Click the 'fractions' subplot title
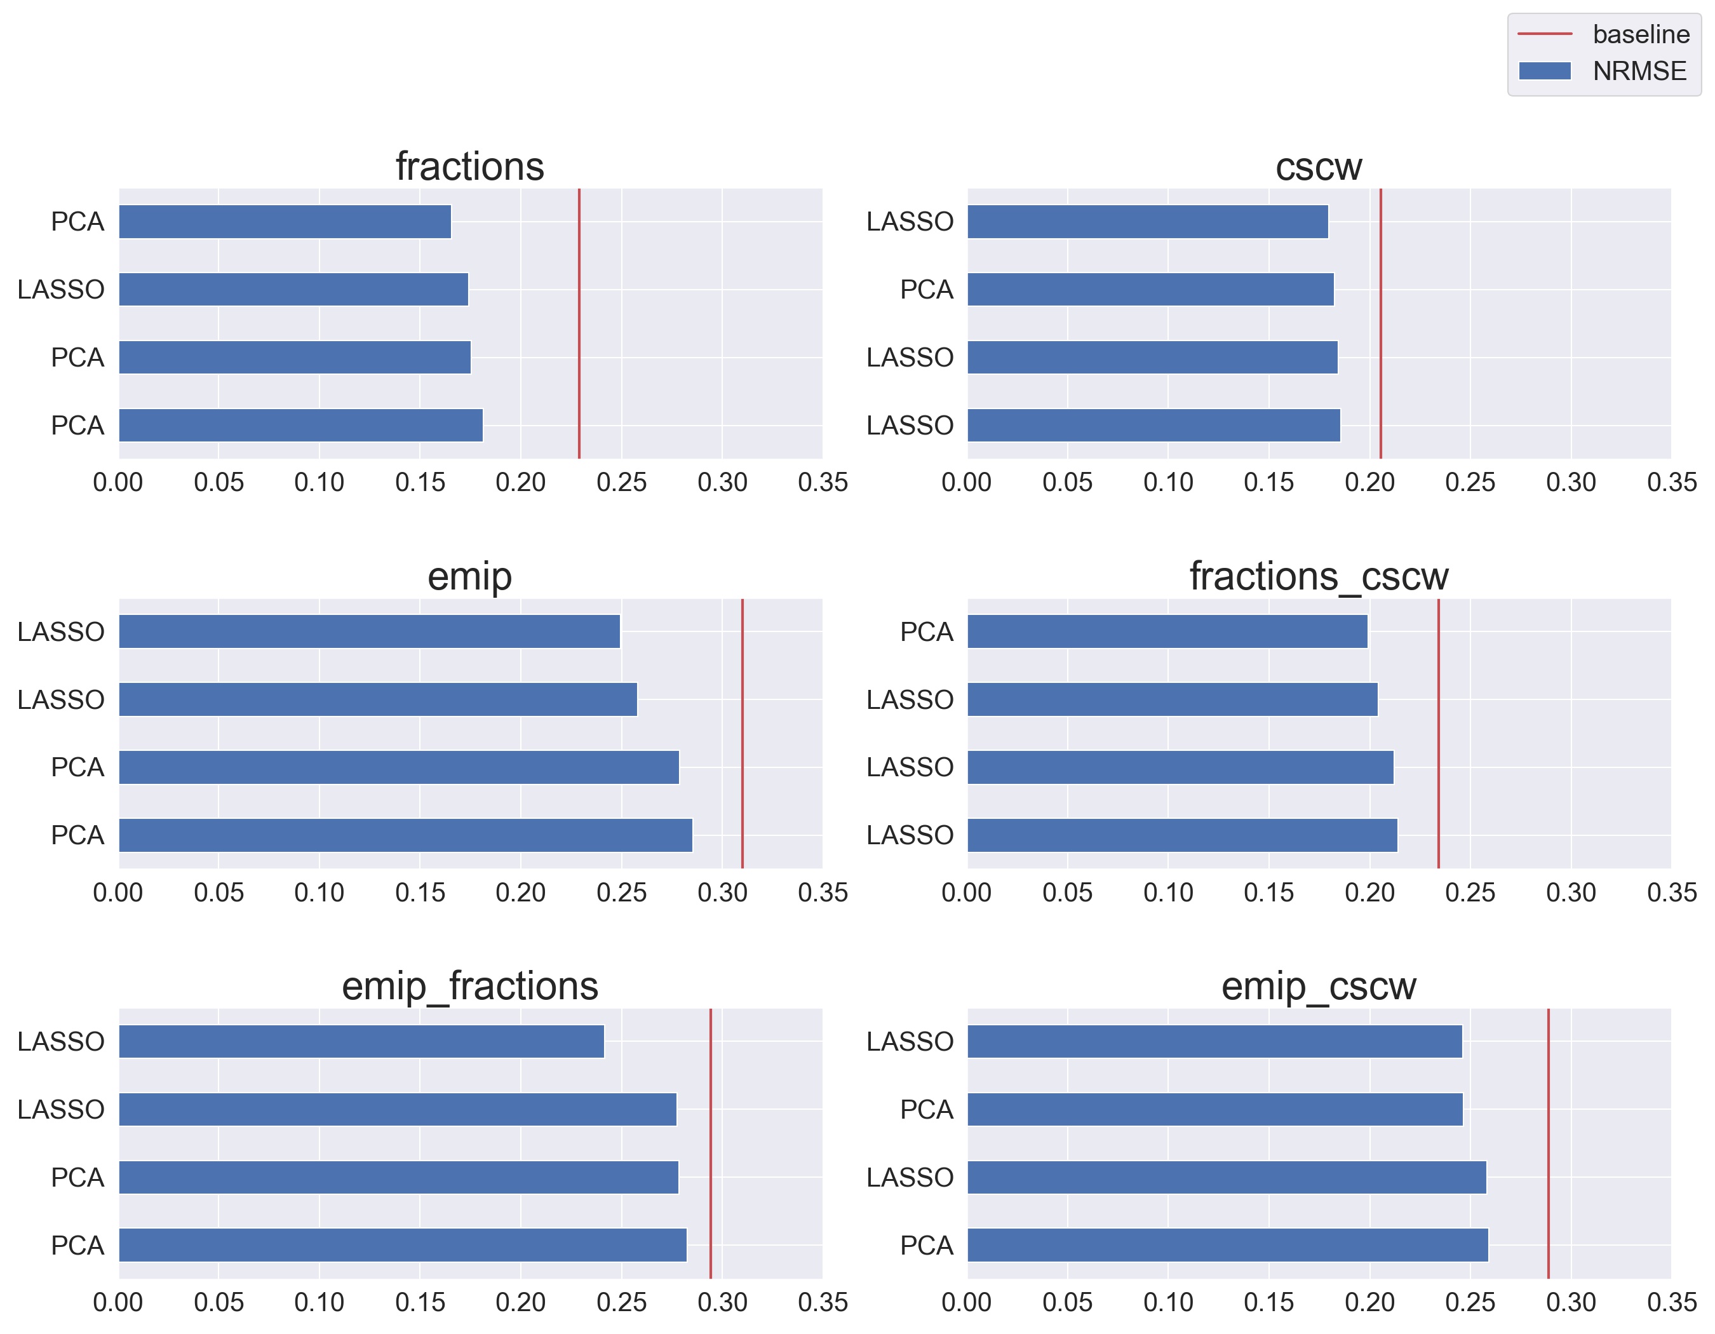[x=469, y=166]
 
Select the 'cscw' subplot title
[x=1319, y=166]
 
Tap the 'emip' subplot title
[x=469, y=576]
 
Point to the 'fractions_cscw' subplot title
[x=1319, y=576]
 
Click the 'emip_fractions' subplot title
[x=469, y=986]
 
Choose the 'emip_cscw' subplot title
[x=1319, y=986]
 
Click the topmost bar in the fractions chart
[x=285, y=222]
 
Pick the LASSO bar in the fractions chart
[x=293, y=290]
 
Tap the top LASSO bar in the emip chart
[x=369, y=631]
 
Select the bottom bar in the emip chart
[x=405, y=835]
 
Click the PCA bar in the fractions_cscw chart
[x=1167, y=631]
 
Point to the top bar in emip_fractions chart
[x=361, y=1041]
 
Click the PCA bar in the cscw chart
[x=1150, y=290]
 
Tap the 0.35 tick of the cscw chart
[x=1671, y=482]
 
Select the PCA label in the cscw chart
[x=926, y=290]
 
